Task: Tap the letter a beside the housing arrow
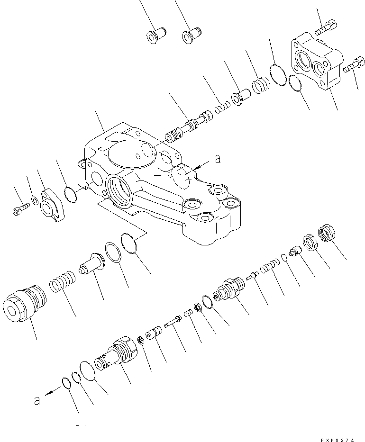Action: [x=218, y=160]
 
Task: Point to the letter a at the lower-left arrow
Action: [x=37, y=400]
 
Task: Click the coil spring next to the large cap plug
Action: [x=62, y=285]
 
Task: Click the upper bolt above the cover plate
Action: [x=326, y=27]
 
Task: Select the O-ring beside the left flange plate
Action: [x=71, y=194]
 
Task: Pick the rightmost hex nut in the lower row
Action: [x=327, y=233]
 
